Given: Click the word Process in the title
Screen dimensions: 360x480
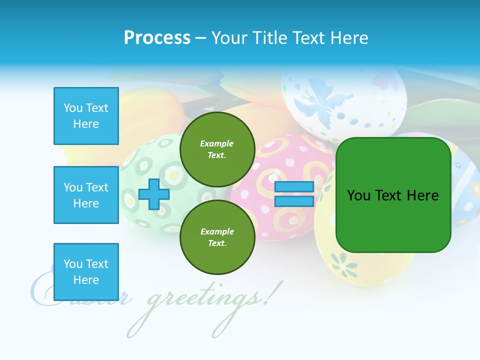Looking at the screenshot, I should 157,38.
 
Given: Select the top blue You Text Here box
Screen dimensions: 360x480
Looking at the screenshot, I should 86,116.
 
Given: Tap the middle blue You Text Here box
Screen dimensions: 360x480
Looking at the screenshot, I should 86,195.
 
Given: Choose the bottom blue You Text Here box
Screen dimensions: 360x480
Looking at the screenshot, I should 86,271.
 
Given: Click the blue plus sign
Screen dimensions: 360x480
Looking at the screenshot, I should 154,194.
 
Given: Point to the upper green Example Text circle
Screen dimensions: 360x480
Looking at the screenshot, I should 217,149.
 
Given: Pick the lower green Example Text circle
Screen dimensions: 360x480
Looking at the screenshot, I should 217,237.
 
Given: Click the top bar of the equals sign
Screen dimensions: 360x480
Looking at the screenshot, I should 294,187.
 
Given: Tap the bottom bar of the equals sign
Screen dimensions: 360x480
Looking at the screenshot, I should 294,201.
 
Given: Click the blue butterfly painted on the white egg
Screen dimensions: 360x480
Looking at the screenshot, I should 313,100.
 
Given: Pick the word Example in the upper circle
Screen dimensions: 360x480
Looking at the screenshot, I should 217,143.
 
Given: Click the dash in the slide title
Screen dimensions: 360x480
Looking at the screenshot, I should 201,38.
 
